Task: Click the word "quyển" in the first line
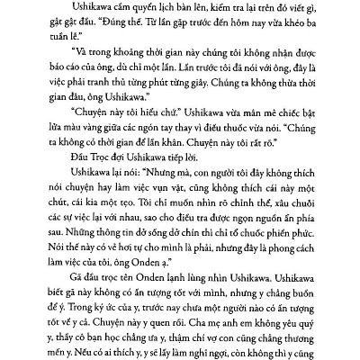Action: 114,10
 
